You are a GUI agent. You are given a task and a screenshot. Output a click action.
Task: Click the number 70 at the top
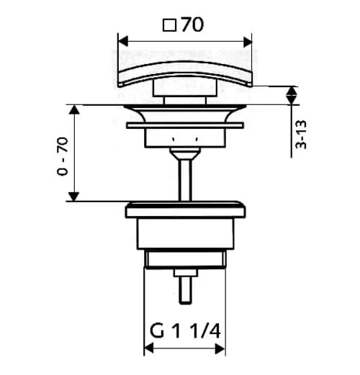tap(192, 24)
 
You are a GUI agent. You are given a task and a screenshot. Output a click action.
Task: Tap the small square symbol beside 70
tap(170, 26)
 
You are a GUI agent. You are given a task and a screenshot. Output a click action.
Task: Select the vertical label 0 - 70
tap(63, 156)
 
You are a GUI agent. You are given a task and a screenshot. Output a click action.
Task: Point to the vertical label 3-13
tap(301, 135)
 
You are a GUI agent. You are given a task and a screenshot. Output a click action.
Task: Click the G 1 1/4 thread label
tap(185, 331)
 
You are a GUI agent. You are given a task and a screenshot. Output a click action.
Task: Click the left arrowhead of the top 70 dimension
tap(123, 42)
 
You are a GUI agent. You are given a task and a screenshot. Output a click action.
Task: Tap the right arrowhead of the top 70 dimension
tap(247, 42)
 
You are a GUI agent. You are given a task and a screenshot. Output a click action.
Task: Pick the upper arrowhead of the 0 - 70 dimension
tap(74, 109)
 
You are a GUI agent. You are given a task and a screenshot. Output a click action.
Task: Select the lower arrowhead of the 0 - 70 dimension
tap(74, 196)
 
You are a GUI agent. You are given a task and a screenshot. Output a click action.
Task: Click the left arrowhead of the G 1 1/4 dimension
tap(149, 348)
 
